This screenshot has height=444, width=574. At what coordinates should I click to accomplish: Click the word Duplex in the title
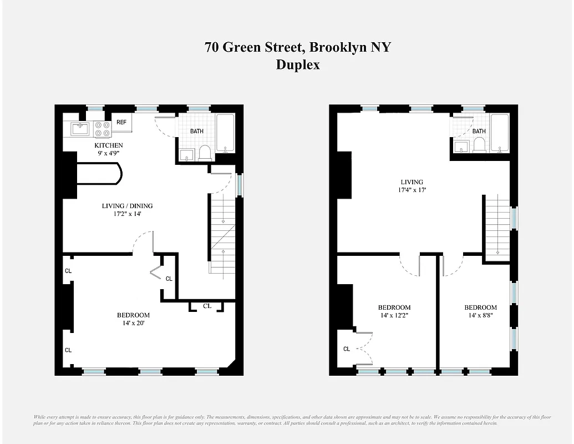coord(298,65)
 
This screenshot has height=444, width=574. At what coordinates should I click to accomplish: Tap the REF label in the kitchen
coord(121,123)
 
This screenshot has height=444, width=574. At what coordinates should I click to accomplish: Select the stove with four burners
coord(102,129)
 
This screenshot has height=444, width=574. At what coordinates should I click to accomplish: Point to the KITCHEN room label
coord(108,145)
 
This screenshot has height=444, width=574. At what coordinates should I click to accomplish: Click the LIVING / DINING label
coord(127,206)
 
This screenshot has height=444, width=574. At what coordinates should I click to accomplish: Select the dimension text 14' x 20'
coord(133,323)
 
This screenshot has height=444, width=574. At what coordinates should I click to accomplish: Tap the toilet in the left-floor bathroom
coord(204,153)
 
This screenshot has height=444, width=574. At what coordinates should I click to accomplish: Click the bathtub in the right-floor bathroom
coord(500,133)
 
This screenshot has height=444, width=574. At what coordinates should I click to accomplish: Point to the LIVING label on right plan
coord(412,182)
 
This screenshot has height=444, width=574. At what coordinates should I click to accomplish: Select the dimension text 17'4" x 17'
coord(412,190)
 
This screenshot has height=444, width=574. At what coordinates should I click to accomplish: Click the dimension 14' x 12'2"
coord(394,315)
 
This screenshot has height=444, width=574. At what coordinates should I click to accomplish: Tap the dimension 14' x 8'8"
coord(480,315)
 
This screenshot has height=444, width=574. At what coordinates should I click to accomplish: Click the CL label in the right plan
coord(347,349)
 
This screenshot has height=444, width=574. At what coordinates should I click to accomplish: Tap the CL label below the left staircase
coord(207,306)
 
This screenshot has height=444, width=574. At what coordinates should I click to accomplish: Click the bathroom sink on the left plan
coord(186,154)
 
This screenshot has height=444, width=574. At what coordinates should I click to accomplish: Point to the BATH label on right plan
coord(479,132)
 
